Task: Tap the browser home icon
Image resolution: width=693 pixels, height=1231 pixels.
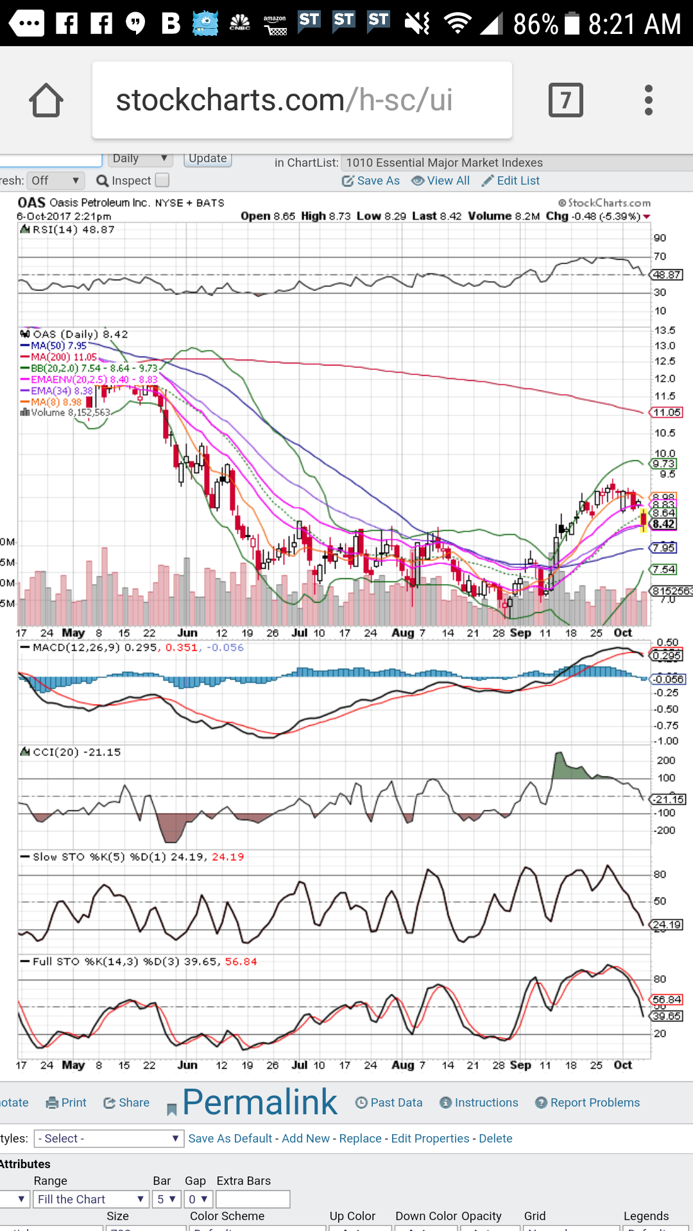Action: click(x=46, y=101)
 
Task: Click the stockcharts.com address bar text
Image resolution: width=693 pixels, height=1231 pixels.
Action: click(x=284, y=101)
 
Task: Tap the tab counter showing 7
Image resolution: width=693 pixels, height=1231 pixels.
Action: click(x=565, y=101)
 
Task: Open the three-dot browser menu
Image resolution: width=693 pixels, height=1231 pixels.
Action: click(x=649, y=101)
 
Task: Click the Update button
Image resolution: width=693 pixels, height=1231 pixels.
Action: click(x=207, y=158)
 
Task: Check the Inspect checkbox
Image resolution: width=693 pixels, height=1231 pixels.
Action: click(x=162, y=180)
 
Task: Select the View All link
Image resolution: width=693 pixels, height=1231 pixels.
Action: click(x=441, y=181)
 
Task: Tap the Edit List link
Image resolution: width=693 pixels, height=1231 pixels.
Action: click(x=511, y=181)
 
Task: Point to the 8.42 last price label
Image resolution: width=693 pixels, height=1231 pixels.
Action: click(x=663, y=524)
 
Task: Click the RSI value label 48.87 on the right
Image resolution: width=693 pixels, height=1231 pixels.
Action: click(x=667, y=275)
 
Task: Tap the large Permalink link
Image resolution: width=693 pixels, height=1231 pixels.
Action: click(x=259, y=1102)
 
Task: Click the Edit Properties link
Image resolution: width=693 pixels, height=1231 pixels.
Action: click(x=430, y=1139)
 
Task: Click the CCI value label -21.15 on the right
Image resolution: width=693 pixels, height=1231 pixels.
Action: click(x=669, y=800)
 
